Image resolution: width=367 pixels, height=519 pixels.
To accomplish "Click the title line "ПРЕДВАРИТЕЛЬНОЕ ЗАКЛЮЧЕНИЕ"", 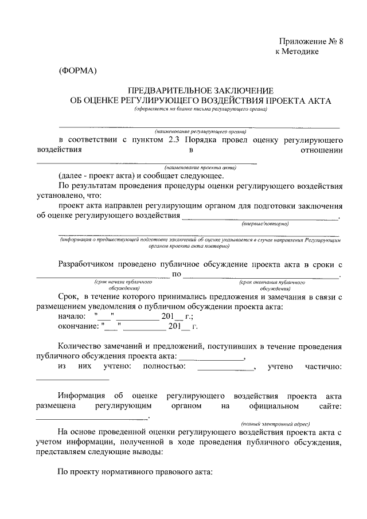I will tap(200, 91).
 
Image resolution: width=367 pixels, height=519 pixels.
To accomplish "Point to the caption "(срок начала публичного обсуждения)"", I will tap(123, 285).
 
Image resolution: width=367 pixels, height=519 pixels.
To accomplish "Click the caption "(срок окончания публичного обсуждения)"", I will tap(272, 285).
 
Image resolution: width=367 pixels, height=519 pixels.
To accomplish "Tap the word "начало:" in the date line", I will tap(72, 317).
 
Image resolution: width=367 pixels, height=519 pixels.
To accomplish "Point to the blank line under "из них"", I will tap(72, 379).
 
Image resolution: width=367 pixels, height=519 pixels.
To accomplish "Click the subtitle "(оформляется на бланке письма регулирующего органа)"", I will tap(201, 109).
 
